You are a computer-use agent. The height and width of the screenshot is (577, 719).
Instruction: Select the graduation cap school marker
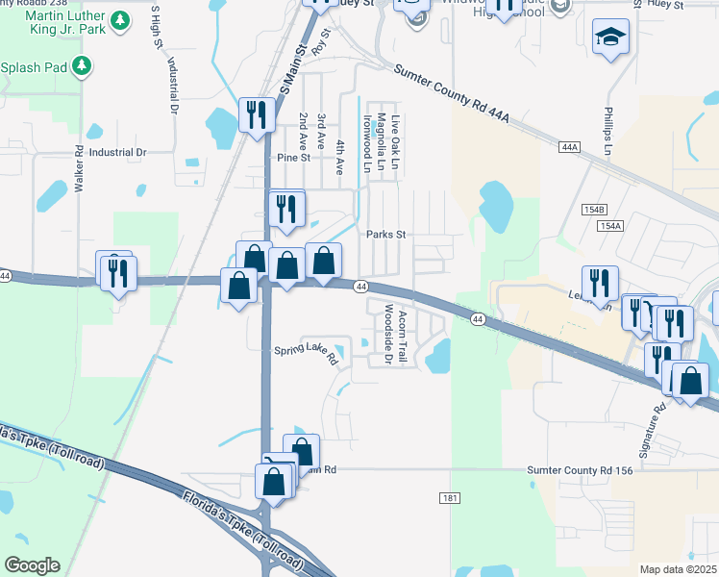tap(608, 38)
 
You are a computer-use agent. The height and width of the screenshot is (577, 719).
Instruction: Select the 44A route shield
tap(569, 147)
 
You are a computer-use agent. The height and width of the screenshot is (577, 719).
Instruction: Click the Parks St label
tap(386, 234)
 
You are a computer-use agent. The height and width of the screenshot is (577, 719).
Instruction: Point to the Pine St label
tap(293, 157)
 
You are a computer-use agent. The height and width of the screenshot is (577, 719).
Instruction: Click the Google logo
tap(32, 565)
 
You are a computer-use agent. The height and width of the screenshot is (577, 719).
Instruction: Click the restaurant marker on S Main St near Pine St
tap(253, 114)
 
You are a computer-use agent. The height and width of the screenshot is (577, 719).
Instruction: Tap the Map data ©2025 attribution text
tap(678, 569)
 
